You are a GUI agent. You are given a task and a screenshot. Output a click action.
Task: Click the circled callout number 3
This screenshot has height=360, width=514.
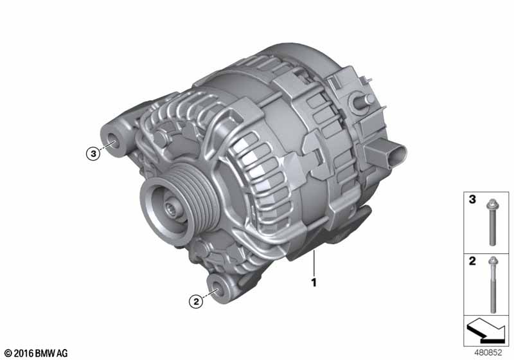[93, 154]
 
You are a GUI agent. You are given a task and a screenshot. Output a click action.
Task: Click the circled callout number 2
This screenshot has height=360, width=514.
[196, 301]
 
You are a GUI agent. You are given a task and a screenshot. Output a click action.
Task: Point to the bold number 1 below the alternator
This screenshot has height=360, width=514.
[314, 283]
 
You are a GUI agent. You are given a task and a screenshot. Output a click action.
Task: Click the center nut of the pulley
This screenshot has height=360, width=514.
[171, 208]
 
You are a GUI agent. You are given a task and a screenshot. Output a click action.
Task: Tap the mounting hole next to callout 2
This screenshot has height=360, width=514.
[217, 289]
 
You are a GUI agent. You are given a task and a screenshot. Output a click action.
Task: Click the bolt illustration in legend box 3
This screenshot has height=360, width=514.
[492, 222]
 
